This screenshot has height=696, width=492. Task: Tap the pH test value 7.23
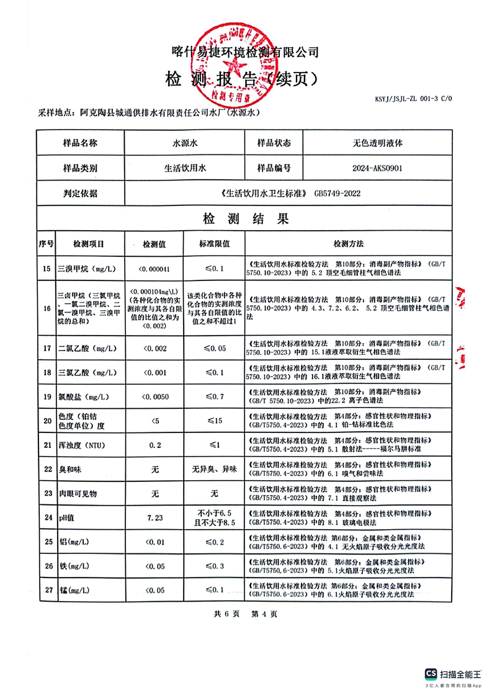(155, 517)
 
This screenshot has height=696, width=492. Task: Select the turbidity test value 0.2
(155, 445)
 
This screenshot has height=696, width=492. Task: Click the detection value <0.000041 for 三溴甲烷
(155, 269)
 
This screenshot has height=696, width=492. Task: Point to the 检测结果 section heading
(246, 218)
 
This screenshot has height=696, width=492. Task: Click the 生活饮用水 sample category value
(184, 167)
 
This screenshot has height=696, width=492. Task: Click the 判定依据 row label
(81, 193)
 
